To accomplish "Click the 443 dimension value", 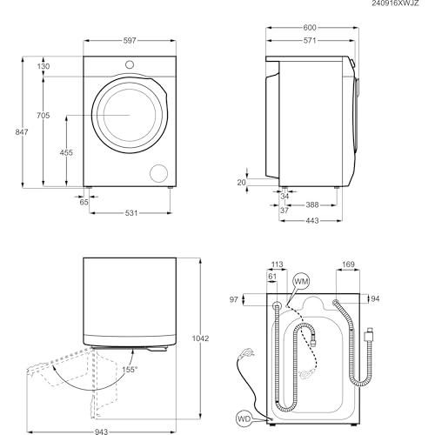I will click(310, 220).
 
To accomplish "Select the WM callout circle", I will click(302, 282).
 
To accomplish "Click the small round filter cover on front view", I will click(159, 171).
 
